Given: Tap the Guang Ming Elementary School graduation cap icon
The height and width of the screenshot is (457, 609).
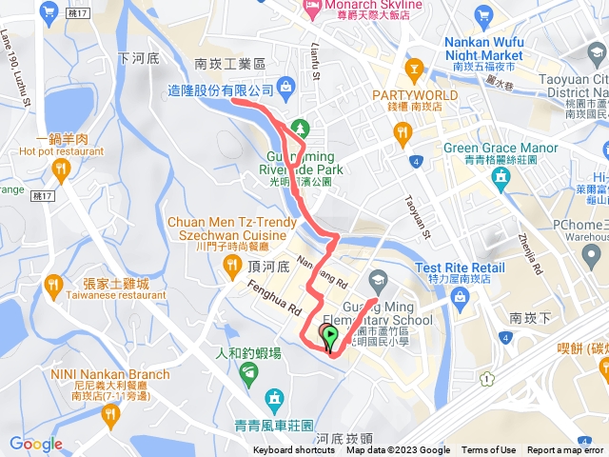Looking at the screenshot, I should (x=377, y=279).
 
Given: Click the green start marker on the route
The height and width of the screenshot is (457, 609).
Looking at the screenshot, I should (x=329, y=334).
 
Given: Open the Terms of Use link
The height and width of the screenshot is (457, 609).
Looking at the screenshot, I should (x=488, y=450).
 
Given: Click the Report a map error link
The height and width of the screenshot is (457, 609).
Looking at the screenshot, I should (x=565, y=450).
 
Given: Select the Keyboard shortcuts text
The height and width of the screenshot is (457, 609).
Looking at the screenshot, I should (x=294, y=450).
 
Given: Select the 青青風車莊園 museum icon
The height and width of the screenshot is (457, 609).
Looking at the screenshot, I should (x=275, y=396).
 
